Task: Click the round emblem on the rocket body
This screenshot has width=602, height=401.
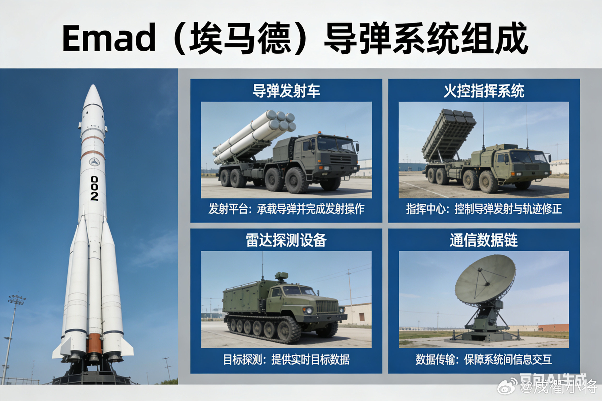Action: [94, 162]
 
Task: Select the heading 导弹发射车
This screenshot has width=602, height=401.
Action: [286, 91]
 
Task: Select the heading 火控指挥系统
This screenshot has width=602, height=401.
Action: [484, 91]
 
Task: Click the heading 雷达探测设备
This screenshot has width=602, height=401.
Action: [286, 240]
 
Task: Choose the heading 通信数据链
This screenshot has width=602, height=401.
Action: [484, 240]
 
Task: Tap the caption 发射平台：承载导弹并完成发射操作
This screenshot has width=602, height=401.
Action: [286, 209]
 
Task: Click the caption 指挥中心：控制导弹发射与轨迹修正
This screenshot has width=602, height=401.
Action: [484, 209]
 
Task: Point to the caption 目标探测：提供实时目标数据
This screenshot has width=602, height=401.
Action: [286, 359]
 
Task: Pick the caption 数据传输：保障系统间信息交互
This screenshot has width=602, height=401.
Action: [484, 359]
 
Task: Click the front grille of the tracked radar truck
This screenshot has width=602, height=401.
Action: [327, 306]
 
